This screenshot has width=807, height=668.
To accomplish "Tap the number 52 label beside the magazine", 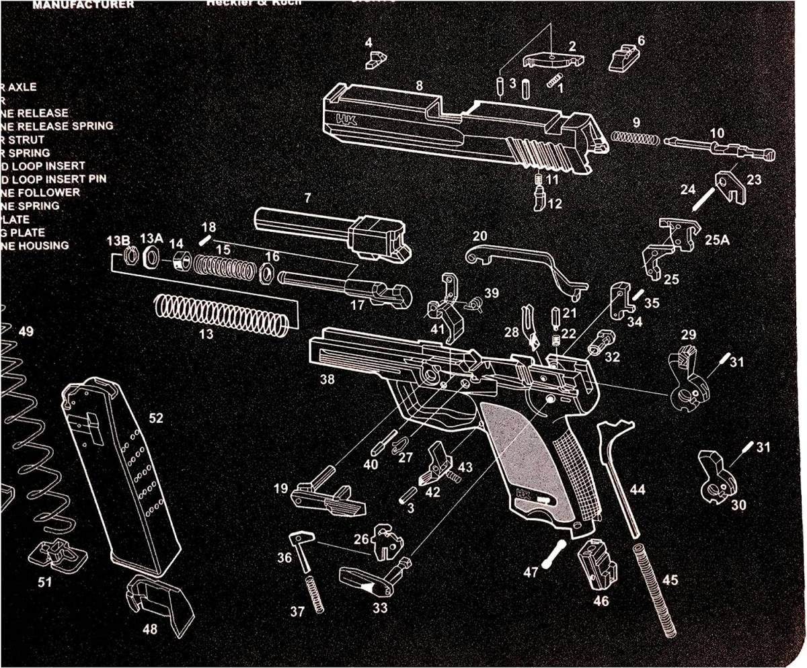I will (x=155, y=418).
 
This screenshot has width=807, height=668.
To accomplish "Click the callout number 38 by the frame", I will (x=327, y=380).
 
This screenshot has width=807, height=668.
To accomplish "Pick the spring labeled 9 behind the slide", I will (x=635, y=138).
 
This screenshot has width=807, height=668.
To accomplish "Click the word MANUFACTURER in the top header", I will (x=83, y=5).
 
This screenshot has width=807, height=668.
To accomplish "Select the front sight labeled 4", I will (x=374, y=60).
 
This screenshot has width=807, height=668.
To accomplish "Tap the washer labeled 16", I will (x=266, y=274).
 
